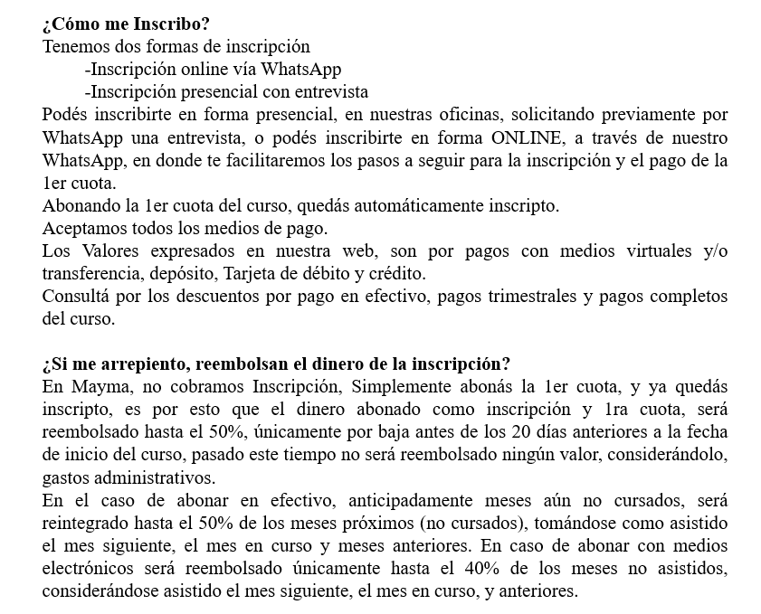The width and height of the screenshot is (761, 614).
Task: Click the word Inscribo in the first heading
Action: [163, 24]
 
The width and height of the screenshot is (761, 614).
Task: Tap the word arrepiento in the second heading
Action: [133, 364]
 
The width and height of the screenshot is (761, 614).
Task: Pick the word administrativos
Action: [154, 477]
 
